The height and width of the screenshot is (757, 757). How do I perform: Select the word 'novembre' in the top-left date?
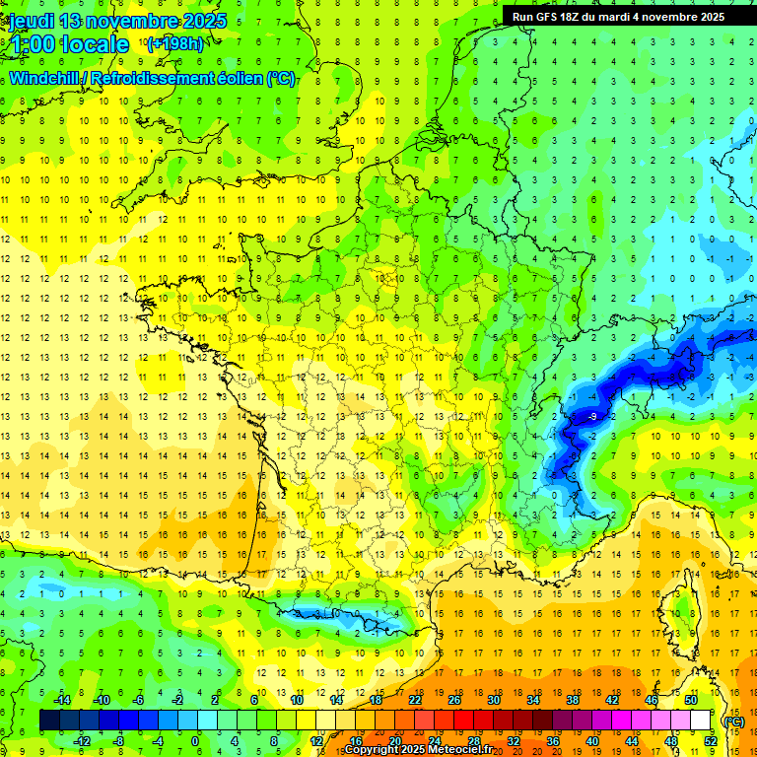134,21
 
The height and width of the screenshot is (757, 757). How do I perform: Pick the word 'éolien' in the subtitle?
238,79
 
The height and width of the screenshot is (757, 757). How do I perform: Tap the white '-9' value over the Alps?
591,418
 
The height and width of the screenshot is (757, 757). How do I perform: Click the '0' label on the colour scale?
195,740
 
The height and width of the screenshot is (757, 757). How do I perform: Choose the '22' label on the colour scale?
415,700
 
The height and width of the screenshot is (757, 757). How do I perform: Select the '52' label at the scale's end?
710,740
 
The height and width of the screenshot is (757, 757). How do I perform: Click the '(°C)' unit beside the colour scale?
734,721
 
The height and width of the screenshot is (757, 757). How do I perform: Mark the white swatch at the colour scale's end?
701,721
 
